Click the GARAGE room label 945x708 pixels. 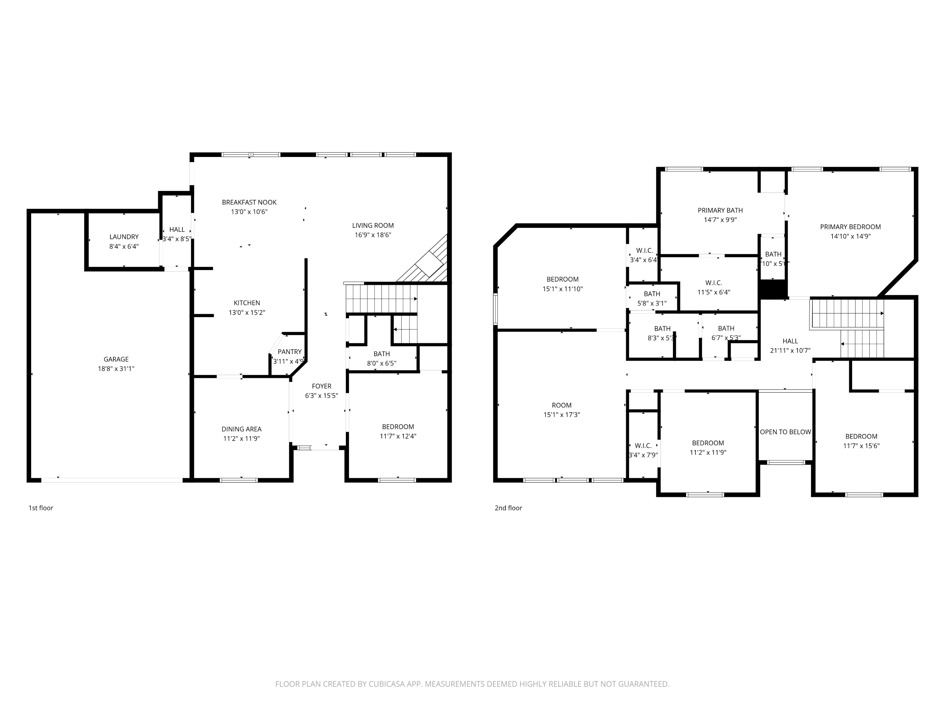(116, 359)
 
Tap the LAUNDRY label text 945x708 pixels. (124, 237)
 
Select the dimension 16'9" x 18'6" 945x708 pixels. (373, 235)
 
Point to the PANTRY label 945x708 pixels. (290, 352)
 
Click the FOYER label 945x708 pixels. (321, 386)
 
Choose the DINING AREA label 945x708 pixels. (241, 429)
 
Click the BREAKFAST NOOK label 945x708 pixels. (249, 202)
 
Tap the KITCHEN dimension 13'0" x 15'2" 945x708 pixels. (247, 313)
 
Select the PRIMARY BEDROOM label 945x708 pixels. (850, 227)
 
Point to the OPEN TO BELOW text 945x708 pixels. (785, 432)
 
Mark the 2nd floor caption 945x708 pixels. (508, 508)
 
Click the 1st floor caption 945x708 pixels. (41, 508)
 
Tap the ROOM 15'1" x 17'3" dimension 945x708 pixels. (561, 415)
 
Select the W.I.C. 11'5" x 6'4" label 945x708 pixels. (713, 283)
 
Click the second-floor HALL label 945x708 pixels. (790, 341)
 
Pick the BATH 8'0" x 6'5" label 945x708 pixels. (381, 354)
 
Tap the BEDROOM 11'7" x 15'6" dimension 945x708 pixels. (861, 446)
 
